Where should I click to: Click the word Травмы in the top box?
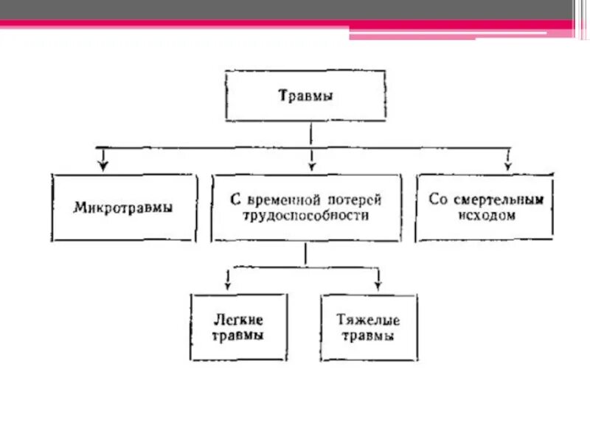(305, 95)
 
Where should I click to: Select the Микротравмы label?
(124, 208)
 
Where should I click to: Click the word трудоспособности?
(306, 217)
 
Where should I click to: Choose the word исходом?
(485, 216)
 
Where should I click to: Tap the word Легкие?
(237, 320)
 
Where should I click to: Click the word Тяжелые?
(368, 320)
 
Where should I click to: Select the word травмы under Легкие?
(237, 335)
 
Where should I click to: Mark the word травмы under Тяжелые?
(368, 336)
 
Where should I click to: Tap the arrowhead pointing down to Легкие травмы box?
(229, 282)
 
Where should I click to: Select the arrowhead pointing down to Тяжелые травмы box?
(378, 282)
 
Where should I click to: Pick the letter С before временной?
(235, 200)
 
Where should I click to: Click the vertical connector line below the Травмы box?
(311, 133)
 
